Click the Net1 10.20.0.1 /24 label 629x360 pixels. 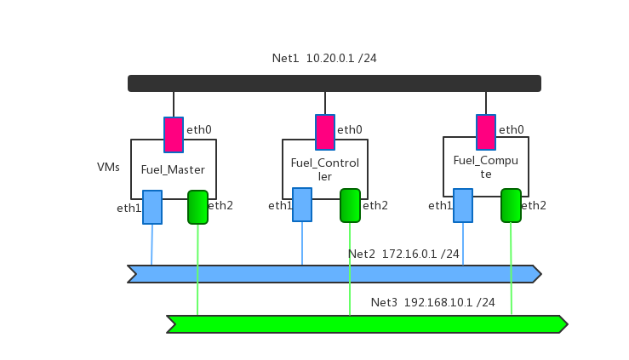tap(324, 59)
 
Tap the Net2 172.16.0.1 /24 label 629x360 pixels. tap(403, 254)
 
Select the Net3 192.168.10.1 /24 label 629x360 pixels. tap(432, 302)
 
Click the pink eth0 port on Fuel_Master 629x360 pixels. tap(174, 134)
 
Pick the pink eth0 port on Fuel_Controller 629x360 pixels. tap(325, 132)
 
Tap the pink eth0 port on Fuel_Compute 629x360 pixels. tap(486, 132)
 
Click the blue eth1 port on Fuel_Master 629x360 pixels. tap(152, 207)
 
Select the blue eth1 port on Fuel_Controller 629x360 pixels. tap(302, 204)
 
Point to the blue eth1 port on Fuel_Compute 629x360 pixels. tap(463, 205)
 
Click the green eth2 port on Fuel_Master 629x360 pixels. tap(197, 207)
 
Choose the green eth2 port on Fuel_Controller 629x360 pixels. tap(350, 205)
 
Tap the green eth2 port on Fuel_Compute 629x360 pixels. tap(511, 205)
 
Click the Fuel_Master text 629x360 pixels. tap(173, 170)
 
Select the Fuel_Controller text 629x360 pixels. tap(324, 169)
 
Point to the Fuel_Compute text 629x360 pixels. tap(485, 167)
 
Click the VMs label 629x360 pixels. tap(108, 168)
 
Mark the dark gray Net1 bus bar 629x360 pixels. tap(335, 83)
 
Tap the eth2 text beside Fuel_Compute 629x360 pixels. tap(534, 205)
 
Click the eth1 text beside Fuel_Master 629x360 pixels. tap(129, 208)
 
